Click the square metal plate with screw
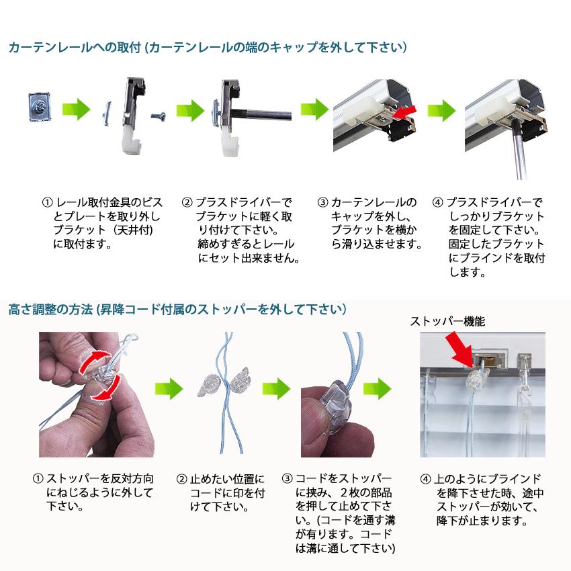point(40,106)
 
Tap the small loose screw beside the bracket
point(159,116)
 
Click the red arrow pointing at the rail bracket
point(405,113)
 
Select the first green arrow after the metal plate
point(76,109)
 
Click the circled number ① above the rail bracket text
point(47,202)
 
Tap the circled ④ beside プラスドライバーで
point(437,202)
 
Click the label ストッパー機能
point(447,321)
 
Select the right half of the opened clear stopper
point(240,379)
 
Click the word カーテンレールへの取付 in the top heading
point(75,47)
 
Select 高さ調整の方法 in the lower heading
point(50,310)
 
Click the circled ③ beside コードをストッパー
point(288,478)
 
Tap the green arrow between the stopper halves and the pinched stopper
point(276,388)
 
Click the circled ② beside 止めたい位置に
point(181,479)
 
